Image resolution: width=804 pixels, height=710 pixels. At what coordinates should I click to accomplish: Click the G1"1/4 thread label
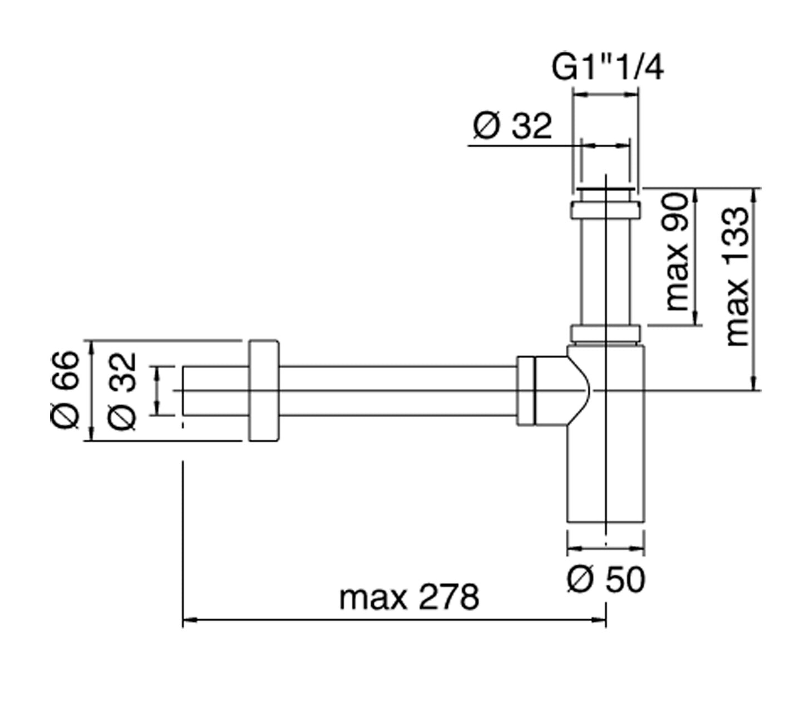607,68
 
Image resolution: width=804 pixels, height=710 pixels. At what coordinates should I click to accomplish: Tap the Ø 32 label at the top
512,126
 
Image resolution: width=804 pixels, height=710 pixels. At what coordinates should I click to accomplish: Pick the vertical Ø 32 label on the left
122,390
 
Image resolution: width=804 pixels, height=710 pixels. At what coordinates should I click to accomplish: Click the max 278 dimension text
409,598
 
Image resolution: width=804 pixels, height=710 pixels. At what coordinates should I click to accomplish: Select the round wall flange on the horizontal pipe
263,390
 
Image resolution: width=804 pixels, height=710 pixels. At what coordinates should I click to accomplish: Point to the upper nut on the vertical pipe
605,210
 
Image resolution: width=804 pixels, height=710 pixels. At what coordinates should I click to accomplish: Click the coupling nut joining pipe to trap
525,392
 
